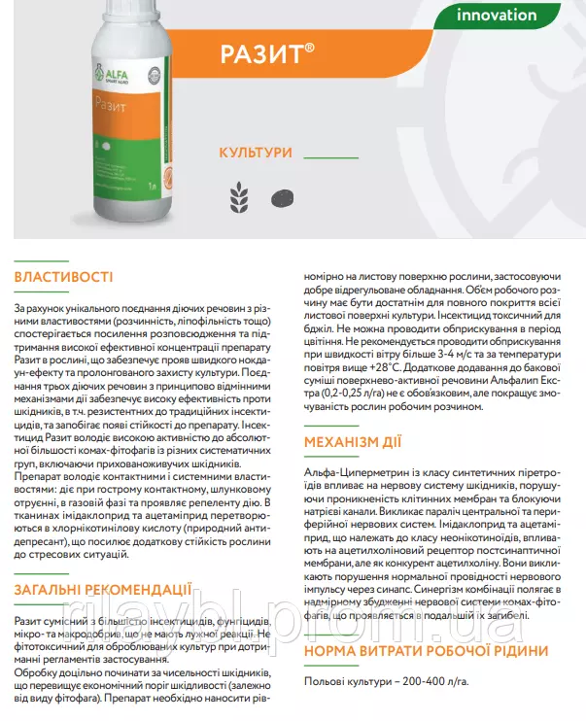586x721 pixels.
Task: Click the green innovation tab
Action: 496,15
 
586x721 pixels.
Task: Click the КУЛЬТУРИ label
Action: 257,154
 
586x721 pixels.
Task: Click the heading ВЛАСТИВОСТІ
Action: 64,278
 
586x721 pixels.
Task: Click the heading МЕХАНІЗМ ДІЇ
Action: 353,442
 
